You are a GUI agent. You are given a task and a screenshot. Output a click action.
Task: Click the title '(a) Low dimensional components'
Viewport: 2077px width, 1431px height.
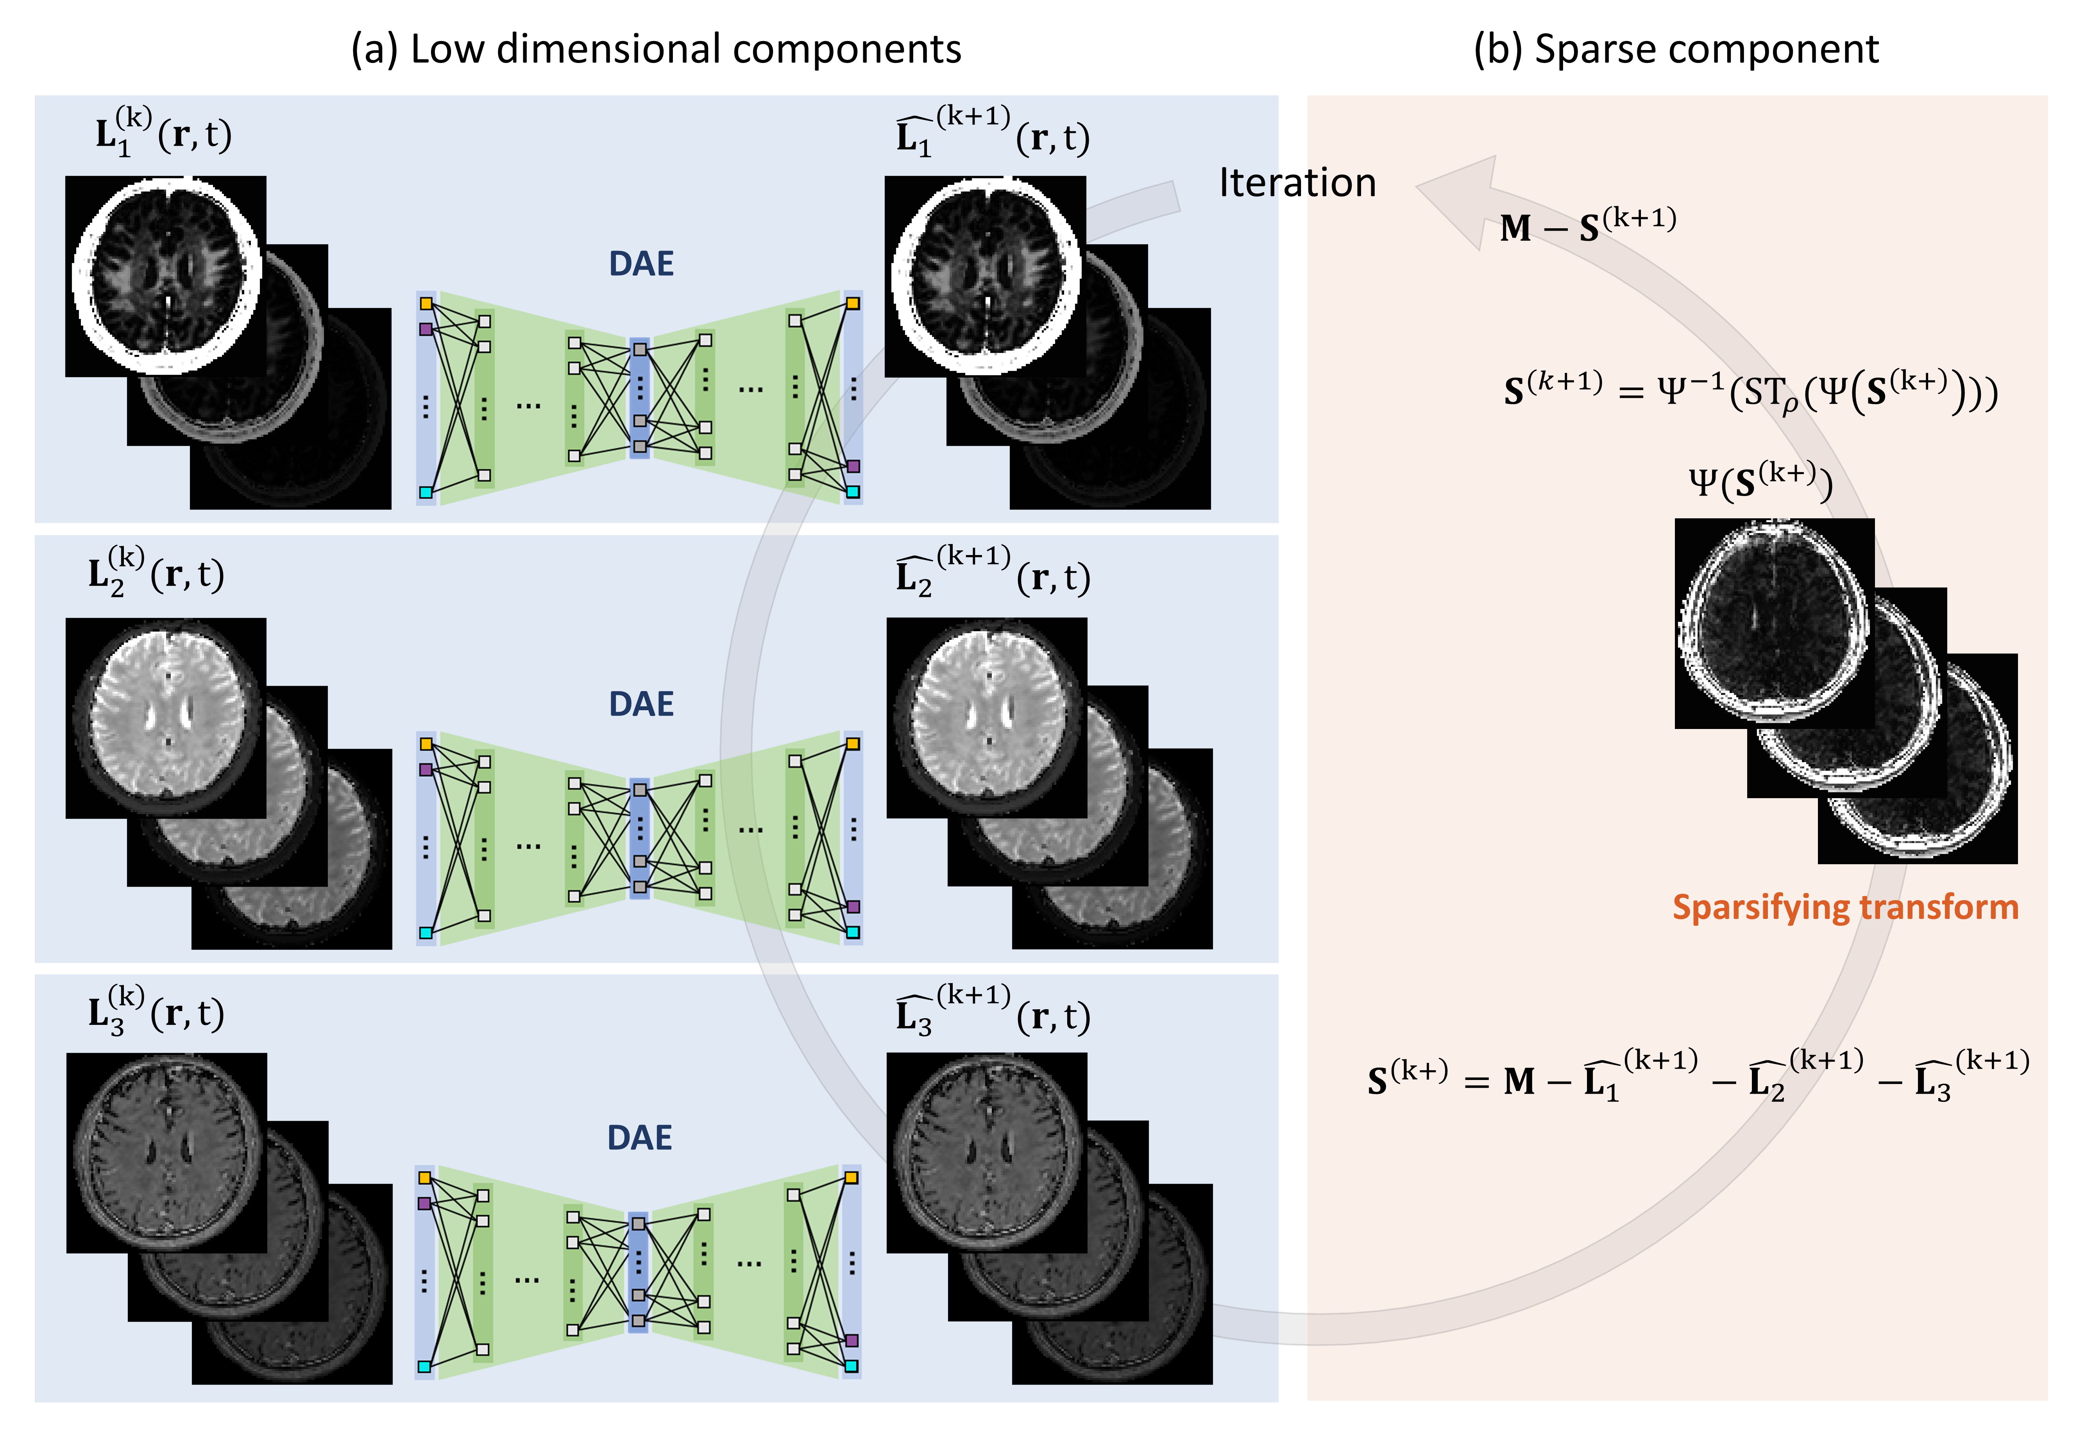(x=655, y=49)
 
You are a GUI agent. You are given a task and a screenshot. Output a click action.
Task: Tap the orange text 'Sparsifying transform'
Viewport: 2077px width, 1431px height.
(x=1845, y=907)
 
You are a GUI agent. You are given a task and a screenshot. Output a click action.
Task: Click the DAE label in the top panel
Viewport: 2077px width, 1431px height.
(x=641, y=263)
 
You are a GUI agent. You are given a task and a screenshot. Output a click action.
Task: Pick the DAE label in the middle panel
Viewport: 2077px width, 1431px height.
(x=641, y=704)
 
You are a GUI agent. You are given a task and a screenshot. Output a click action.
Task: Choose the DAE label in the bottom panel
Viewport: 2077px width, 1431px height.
(x=639, y=1138)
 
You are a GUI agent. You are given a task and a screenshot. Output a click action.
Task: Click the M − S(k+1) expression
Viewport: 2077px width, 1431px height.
(x=1587, y=224)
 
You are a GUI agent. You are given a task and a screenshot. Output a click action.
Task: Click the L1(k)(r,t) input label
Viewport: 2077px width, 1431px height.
(x=163, y=134)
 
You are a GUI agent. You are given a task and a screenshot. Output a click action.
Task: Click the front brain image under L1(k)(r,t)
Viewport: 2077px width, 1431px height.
(x=166, y=276)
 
